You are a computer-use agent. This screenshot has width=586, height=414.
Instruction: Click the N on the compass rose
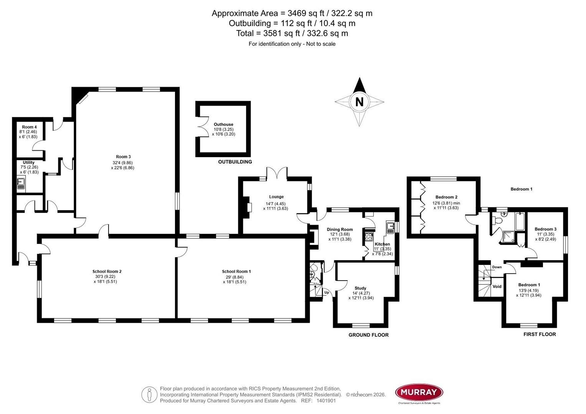pos(359,102)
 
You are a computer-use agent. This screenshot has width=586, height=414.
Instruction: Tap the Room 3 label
pos(123,156)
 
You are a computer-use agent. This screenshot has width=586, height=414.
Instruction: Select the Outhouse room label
pos(223,124)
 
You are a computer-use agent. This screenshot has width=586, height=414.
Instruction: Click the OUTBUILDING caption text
pos(235,162)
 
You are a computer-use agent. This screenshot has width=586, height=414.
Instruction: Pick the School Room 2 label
pos(107,271)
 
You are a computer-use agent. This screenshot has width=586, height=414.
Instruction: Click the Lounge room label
pos(276,197)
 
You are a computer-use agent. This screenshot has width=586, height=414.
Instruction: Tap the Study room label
pos(360,288)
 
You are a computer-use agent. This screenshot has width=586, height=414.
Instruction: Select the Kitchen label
pos(382,244)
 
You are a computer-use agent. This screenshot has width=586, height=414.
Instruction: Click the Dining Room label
pos(340,229)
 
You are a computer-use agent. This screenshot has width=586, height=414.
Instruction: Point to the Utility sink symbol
pos(21,185)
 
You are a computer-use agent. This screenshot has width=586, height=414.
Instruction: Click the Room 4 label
pos(29,127)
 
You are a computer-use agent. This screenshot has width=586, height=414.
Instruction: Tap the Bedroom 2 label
pos(446,197)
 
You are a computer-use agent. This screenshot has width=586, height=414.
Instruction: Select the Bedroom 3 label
pos(545,229)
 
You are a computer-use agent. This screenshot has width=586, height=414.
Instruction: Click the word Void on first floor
pos(497,286)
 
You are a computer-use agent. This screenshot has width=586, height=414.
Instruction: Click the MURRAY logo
pos(419,392)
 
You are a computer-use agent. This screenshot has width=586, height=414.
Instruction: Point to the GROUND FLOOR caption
pos(368,335)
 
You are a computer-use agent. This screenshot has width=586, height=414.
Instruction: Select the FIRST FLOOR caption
pos(539,334)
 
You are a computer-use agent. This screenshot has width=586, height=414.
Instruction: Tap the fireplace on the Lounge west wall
pos(249,207)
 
